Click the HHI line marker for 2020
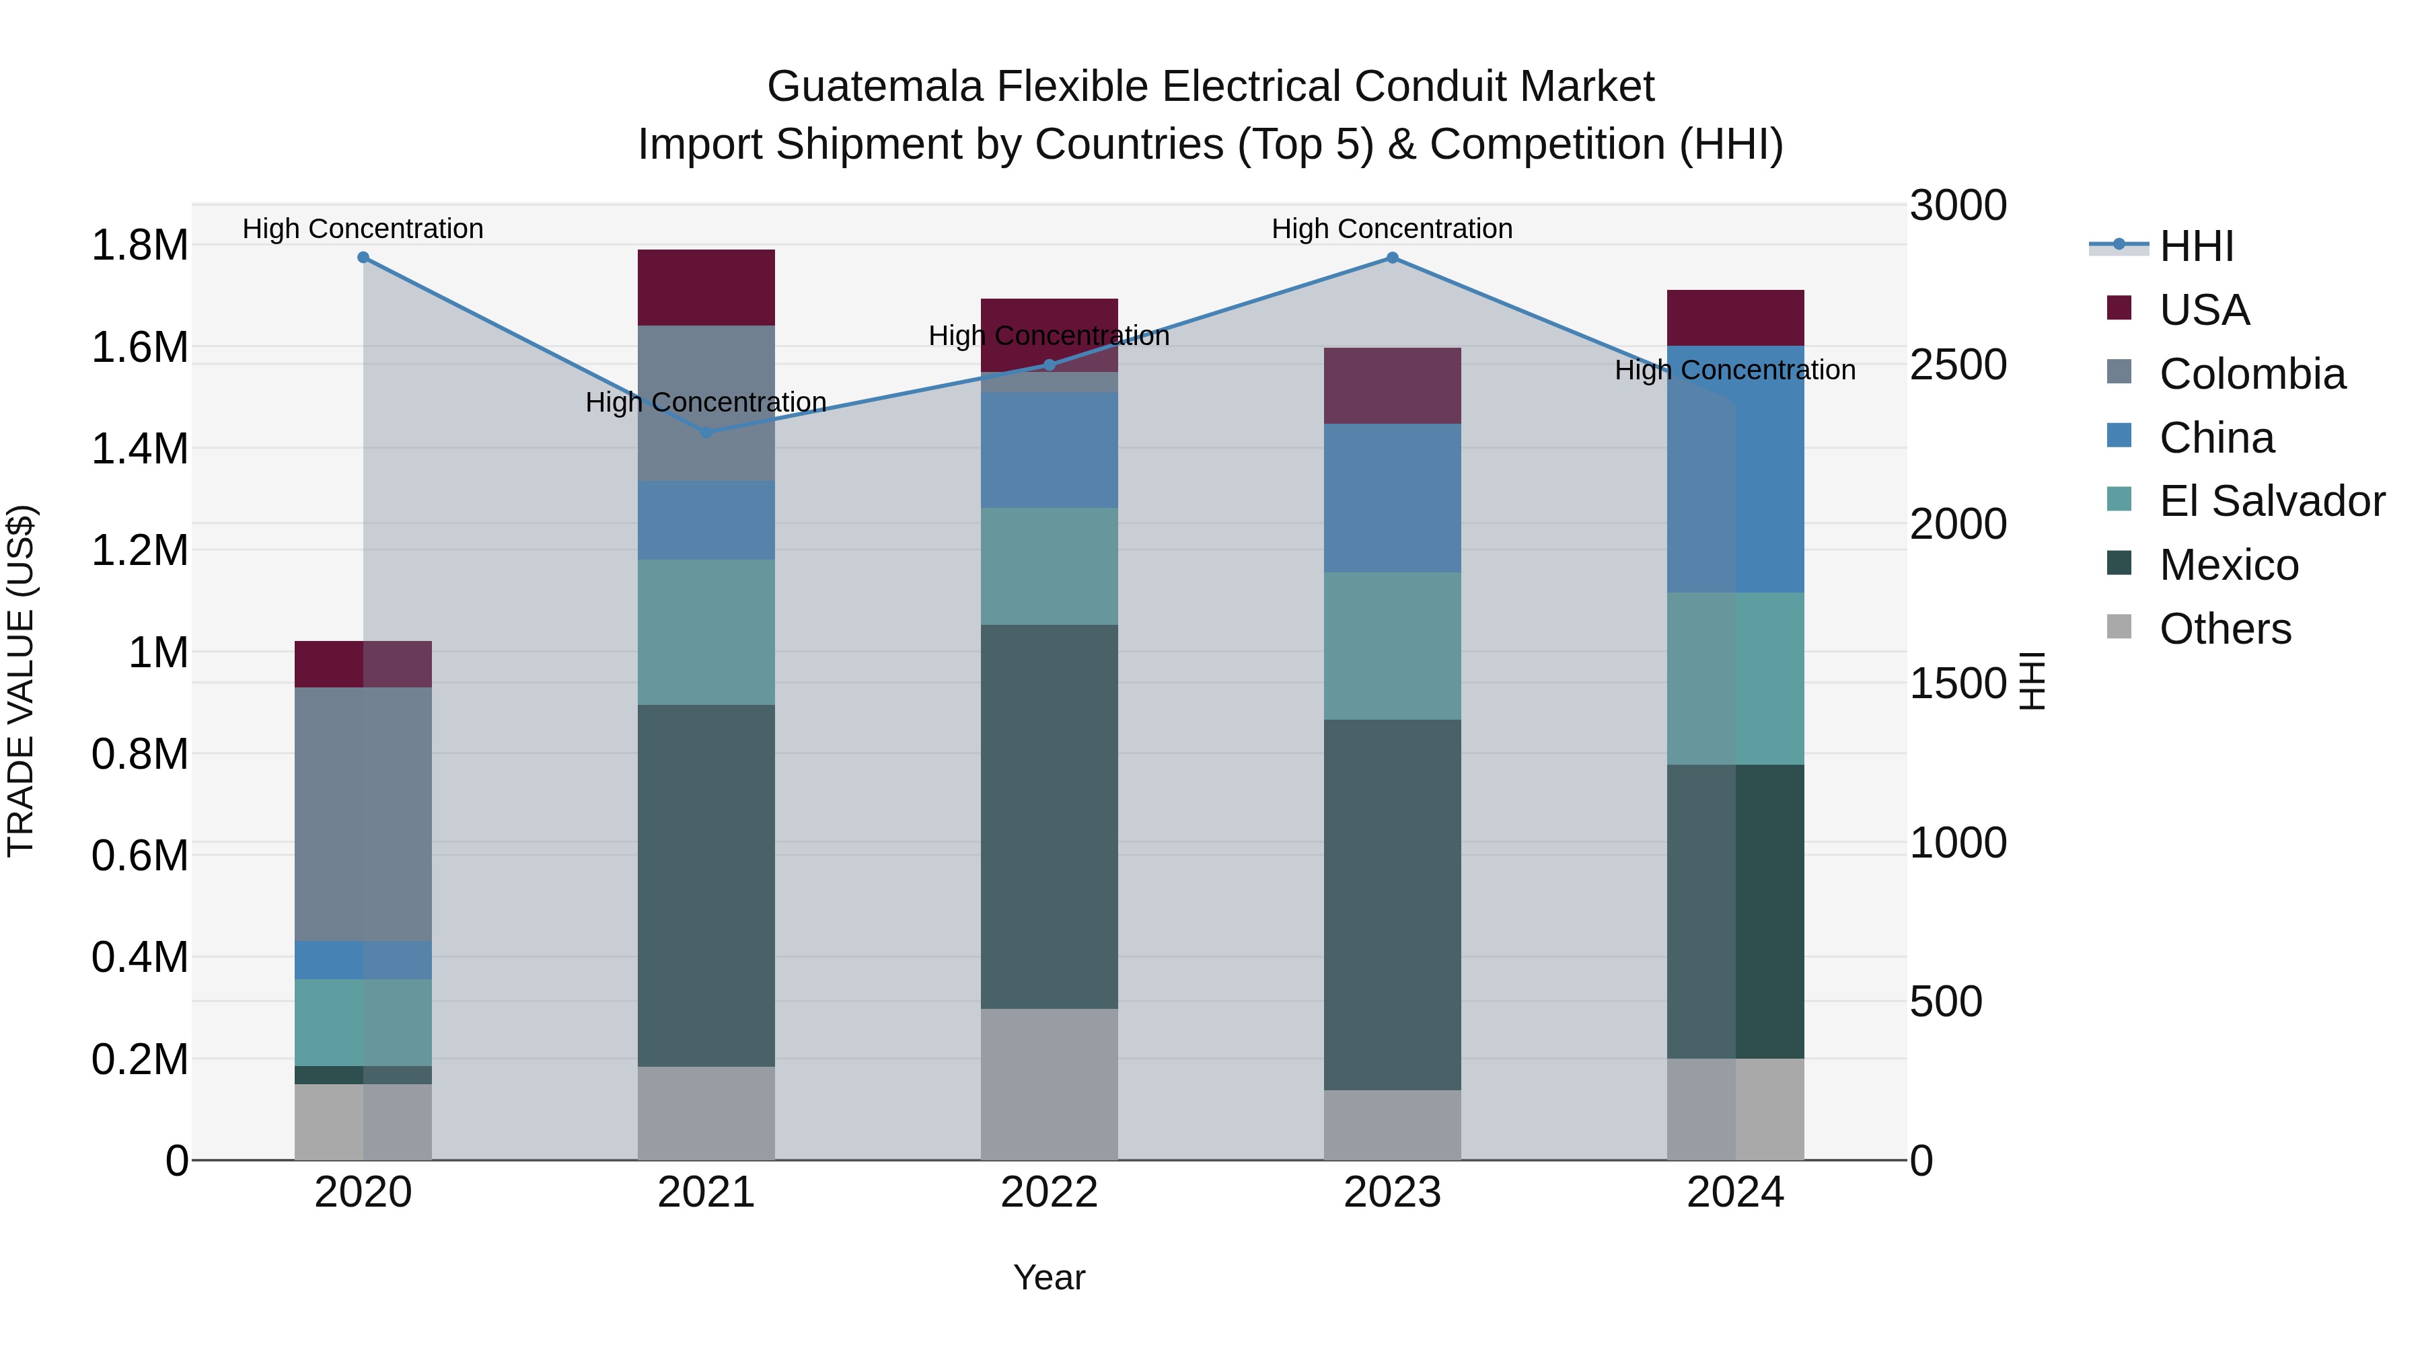coord(363,258)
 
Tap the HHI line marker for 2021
coord(707,432)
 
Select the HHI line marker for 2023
coord(1393,258)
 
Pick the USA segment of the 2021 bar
coord(706,287)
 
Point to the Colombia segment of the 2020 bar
coord(363,813)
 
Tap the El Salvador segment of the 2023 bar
coord(1393,646)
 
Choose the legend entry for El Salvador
coord(2271,501)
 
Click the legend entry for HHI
coord(2195,246)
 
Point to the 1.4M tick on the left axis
coord(139,449)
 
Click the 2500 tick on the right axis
coord(1958,365)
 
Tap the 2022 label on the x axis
coord(1050,1193)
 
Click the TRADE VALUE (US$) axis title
coord(21,681)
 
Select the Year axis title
coord(1050,1277)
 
